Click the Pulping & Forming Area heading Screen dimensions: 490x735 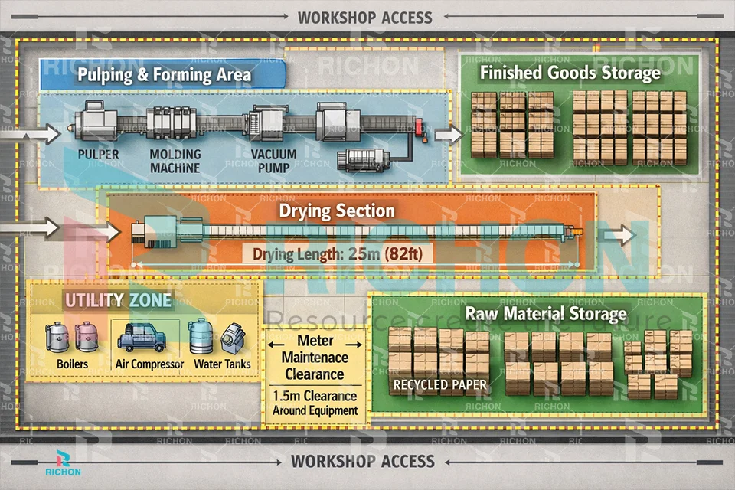pyautogui.click(x=164, y=75)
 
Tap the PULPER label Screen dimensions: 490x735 pyautogui.click(x=98, y=155)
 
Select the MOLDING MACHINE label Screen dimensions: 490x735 pyautogui.click(x=175, y=161)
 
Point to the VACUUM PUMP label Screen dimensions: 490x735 pyautogui.click(x=273, y=161)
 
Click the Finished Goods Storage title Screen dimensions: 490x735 pyautogui.click(x=570, y=73)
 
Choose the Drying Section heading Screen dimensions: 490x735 pyautogui.click(x=337, y=211)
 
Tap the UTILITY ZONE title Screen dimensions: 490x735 pyautogui.click(x=118, y=299)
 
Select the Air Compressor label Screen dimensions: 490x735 pyautogui.click(x=149, y=364)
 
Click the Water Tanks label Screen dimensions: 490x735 pyautogui.click(x=222, y=364)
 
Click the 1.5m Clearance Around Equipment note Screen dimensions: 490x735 pyautogui.click(x=315, y=403)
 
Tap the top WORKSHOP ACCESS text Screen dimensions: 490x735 pyautogui.click(x=364, y=17)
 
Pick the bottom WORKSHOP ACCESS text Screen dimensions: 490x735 pyautogui.click(x=362, y=462)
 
